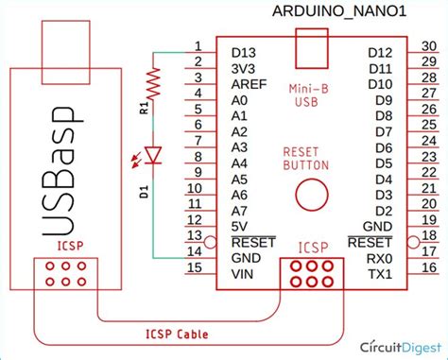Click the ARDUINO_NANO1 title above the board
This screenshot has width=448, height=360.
coord(341,11)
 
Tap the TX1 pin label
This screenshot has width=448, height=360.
coord(380,273)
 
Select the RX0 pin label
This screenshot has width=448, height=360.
coord(380,257)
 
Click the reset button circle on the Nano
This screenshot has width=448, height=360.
coord(309,194)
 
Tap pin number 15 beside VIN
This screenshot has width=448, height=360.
coord(195,267)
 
